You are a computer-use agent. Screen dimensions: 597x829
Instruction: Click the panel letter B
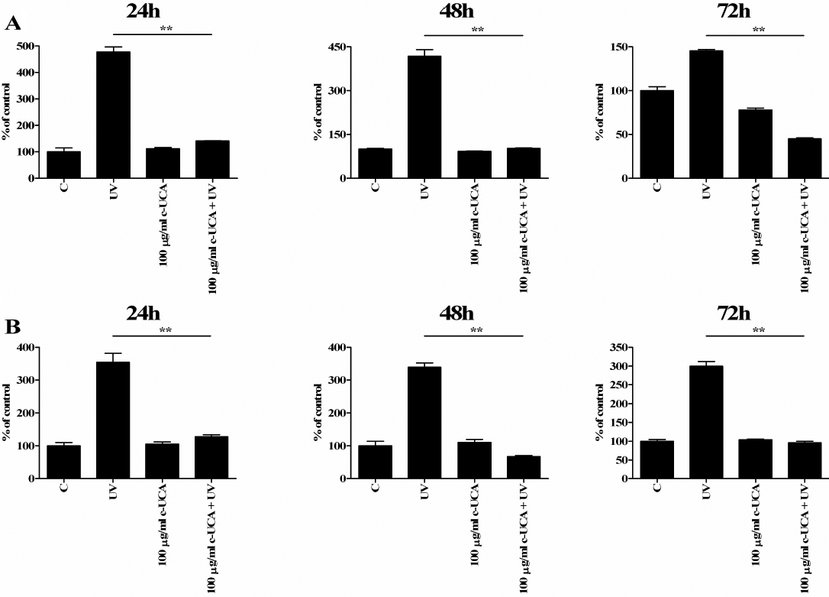click(13, 326)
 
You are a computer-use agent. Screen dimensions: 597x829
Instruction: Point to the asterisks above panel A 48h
click(478, 31)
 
